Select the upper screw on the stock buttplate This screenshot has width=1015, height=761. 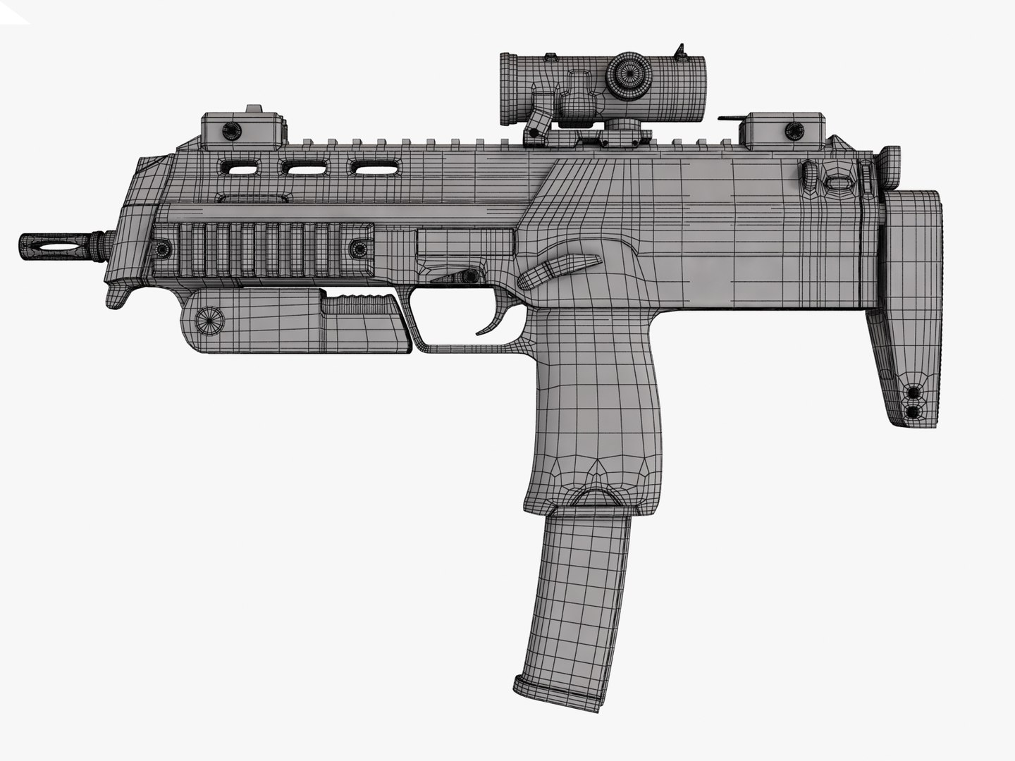(914, 392)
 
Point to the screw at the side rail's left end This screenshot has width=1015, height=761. (164, 249)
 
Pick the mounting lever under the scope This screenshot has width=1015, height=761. (539, 123)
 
